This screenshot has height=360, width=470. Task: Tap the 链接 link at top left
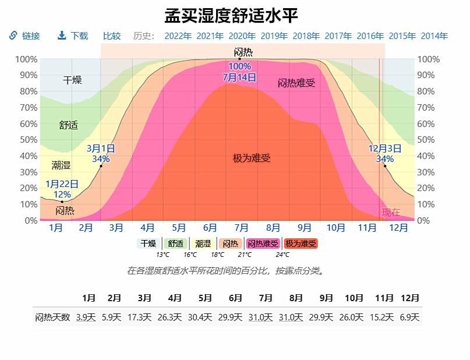(x=25, y=36)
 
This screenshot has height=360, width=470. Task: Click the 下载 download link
(x=73, y=36)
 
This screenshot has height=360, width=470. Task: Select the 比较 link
(x=112, y=36)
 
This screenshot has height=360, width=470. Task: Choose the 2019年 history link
(x=274, y=36)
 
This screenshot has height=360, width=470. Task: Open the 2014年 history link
(x=434, y=36)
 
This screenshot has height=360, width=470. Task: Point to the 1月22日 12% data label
(x=62, y=189)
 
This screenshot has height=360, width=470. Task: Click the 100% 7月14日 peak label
(x=239, y=72)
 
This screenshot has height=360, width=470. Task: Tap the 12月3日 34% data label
(x=385, y=153)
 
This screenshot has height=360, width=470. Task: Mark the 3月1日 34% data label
(x=101, y=153)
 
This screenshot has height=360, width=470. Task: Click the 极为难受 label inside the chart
(x=252, y=158)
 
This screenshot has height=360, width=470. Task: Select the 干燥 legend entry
(x=149, y=243)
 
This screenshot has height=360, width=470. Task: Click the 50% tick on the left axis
(x=26, y=140)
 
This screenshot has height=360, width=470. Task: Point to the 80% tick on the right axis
(x=426, y=91)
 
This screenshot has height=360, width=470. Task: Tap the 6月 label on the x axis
(x=210, y=228)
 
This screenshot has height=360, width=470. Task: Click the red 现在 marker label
(x=391, y=213)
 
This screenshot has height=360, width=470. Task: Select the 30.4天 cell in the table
(x=205, y=317)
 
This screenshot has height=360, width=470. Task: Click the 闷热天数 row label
(x=52, y=317)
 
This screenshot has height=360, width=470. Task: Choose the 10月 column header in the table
(x=354, y=298)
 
